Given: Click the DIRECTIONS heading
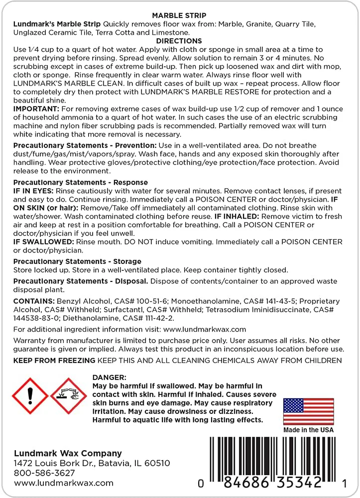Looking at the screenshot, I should coord(179,41).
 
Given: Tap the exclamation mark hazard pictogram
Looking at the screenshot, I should coord(29,395).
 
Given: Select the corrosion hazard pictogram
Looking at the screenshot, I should coord(69,395).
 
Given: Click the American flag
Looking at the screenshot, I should coord(308,411).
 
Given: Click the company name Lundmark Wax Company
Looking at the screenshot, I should coord(68,453).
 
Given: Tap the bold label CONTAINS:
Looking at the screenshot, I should coord(34,301).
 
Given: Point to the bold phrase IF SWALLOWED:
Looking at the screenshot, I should coord(44,242).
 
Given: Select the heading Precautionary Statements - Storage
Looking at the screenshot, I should coord(77,261).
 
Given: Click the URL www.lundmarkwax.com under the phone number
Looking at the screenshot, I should coord(64,483).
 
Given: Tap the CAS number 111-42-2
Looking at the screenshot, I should coord(154,318).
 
